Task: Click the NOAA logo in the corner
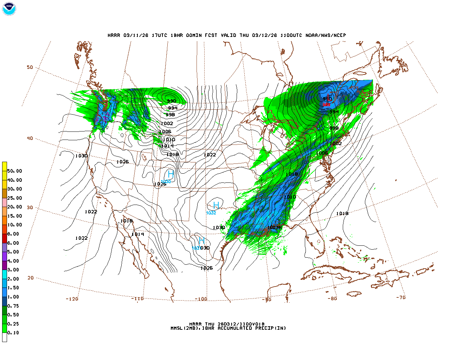(x=9, y=9)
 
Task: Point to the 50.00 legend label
(x=14, y=171)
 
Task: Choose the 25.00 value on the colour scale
(x=14, y=198)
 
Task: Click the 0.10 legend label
(x=13, y=333)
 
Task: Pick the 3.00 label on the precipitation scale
(x=13, y=270)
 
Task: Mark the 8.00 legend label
(x=13, y=234)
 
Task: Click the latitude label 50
(x=30, y=67)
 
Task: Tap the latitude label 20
(x=31, y=278)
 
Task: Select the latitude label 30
(x=30, y=207)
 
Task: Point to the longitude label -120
(x=72, y=299)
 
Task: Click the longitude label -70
(x=401, y=297)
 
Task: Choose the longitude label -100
(x=201, y=299)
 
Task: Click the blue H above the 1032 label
(x=216, y=205)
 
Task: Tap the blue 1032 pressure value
(x=211, y=213)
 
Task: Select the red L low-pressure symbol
(x=328, y=97)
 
